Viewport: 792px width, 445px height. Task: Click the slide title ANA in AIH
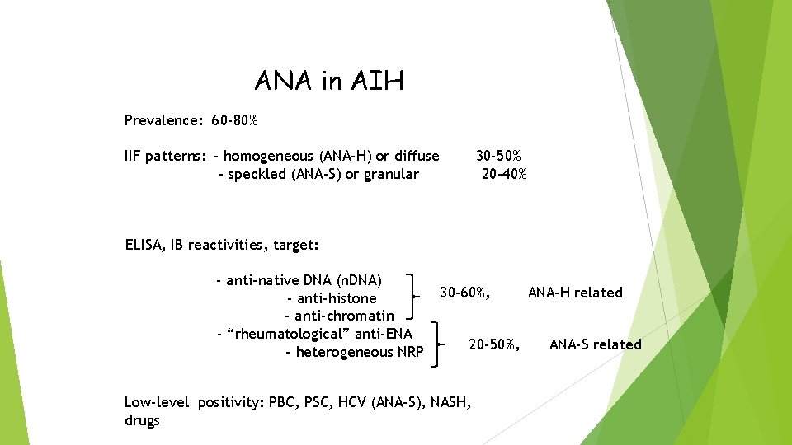(x=329, y=81)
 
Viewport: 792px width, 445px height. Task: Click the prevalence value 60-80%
(x=234, y=121)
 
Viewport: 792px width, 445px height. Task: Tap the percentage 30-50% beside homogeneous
(x=498, y=156)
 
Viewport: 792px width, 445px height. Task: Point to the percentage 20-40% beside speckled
(x=504, y=174)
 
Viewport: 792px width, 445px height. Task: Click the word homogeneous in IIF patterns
(x=268, y=156)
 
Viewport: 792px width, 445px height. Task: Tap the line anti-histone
(x=332, y=298)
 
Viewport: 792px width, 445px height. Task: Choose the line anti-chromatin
(x=340, y=316)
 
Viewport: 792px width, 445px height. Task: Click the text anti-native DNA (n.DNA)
(x=299, y=280)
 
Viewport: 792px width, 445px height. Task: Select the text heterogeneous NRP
(x=355, y=352)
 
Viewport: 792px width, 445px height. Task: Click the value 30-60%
(x=465, y=293)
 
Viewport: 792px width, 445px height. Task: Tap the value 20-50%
(x=494, y=344)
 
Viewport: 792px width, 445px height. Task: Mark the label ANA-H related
(x=575, y=293)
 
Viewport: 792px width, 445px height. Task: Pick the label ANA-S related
(x=595, y=344)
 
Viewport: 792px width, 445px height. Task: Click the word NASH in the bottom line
(x=451, y=402)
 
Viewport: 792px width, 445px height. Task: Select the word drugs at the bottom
(x=142, y=420)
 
